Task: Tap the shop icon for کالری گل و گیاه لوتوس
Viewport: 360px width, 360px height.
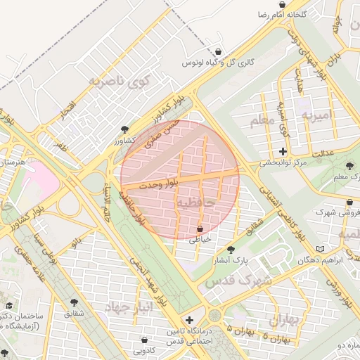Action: point(219,52)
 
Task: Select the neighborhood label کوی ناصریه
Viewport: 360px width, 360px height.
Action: point(115,81)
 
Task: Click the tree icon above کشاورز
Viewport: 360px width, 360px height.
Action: point(124,129)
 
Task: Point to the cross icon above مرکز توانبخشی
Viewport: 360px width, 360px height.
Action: point(283,151)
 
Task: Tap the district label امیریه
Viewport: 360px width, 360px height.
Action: point(315,113)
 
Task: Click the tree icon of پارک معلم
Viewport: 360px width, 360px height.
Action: point(350,166)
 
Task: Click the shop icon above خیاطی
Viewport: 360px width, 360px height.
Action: point(201,229)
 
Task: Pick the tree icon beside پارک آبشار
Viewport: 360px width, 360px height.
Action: point(231,250)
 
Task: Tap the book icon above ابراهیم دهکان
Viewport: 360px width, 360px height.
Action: point(321,249)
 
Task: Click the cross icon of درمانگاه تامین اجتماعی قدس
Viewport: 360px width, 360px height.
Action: point(188,320)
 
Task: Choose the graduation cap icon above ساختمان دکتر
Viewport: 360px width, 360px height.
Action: point(9,305)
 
